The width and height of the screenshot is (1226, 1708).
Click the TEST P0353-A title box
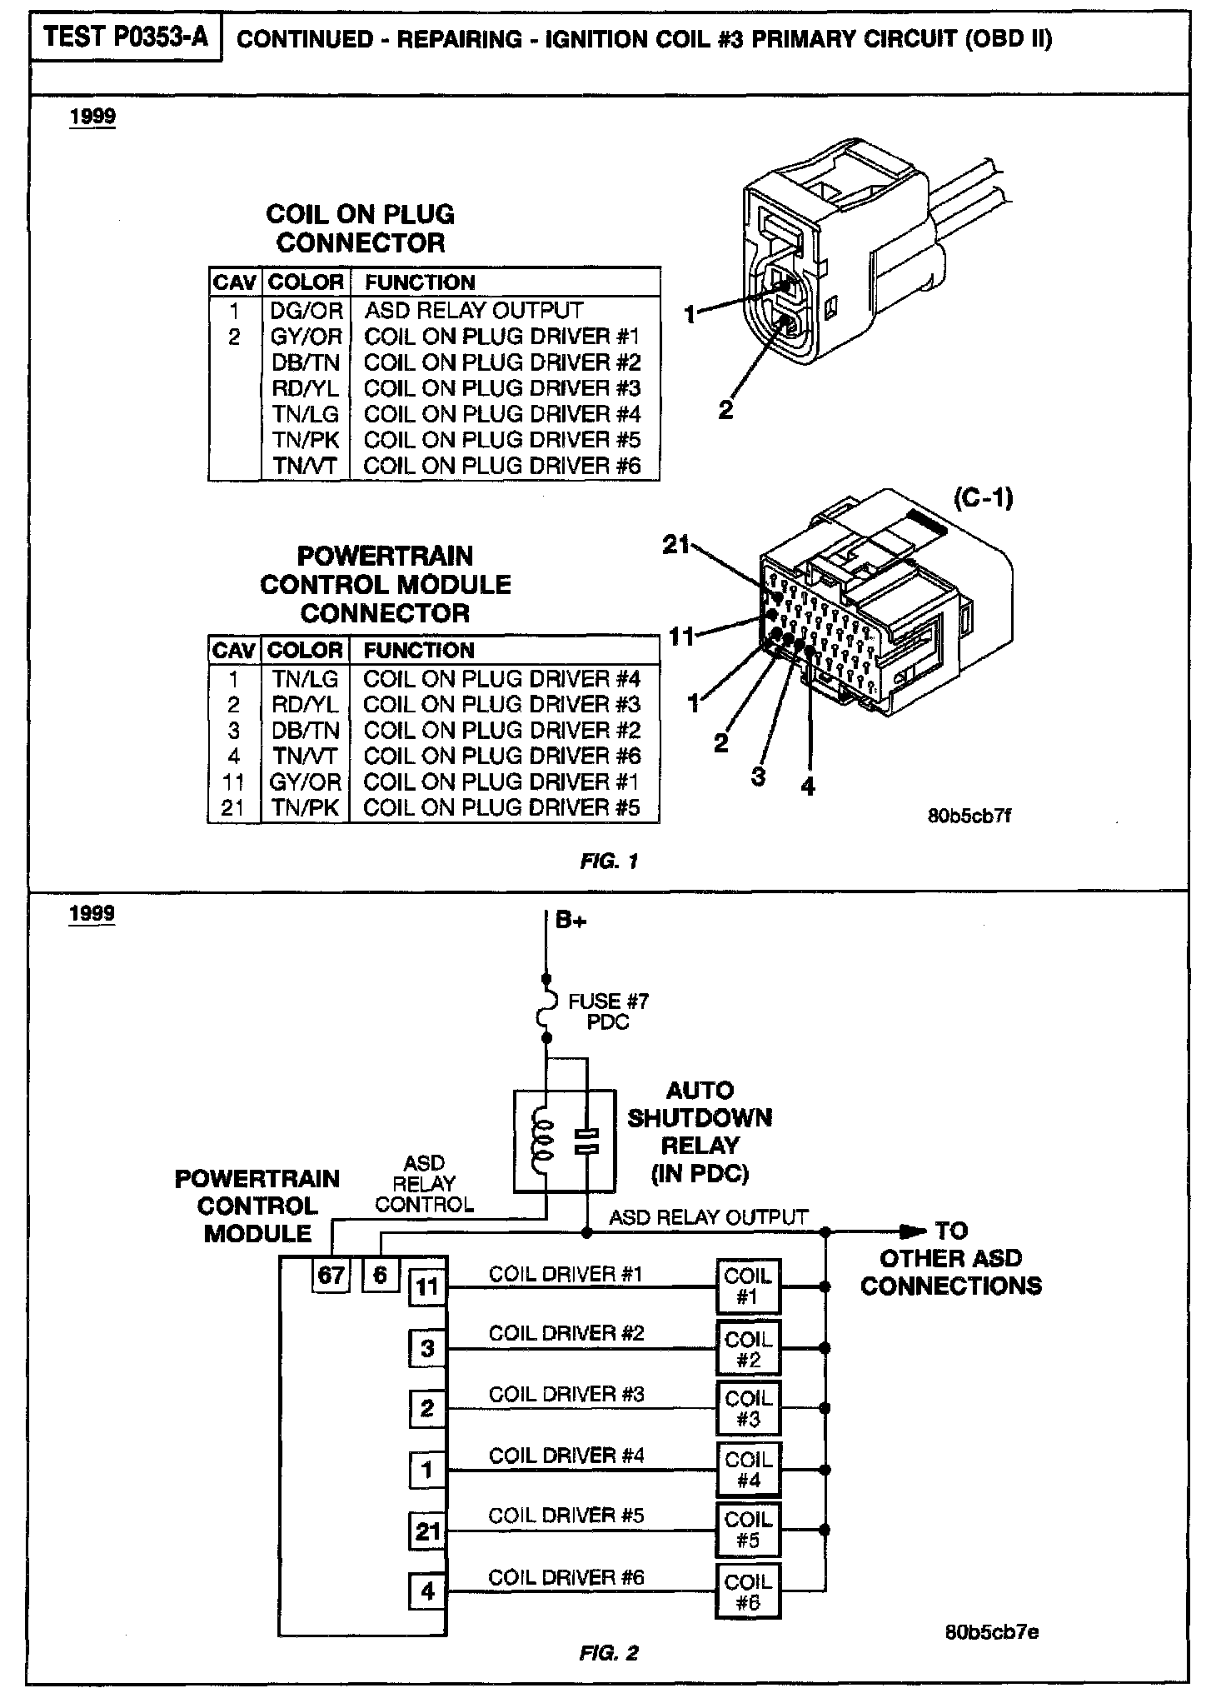[x=126, y=38]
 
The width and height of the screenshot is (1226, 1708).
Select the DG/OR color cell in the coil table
[x=306, y=311]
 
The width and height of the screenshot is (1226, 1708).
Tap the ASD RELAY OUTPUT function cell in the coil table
[x=474, y=311]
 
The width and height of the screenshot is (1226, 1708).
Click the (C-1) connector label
[x=983, y=498]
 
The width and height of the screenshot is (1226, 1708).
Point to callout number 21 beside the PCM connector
[x=676, y=545]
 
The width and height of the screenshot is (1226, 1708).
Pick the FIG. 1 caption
[x=609, y=861]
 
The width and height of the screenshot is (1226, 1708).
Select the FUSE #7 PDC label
[x=608, y=1011]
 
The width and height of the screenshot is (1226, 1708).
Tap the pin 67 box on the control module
[x=331, y=1276]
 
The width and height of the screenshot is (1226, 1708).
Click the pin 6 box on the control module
[x=381, y=1276]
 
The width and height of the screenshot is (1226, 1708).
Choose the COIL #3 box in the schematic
[x=748, y=1409]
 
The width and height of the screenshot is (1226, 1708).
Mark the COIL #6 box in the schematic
[x=748, y=1592]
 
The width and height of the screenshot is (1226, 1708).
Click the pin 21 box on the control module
[x=427, y=1531]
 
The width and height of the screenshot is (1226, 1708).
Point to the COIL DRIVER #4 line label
[x=566, y=1456]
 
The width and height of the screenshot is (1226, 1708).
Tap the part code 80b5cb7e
[x=992, y=1632]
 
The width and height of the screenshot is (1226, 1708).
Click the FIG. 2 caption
[x=609, y=1654]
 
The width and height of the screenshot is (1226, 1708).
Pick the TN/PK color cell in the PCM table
[x=305, y=808]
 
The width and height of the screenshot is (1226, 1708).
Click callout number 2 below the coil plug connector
[x=725, y=410]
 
